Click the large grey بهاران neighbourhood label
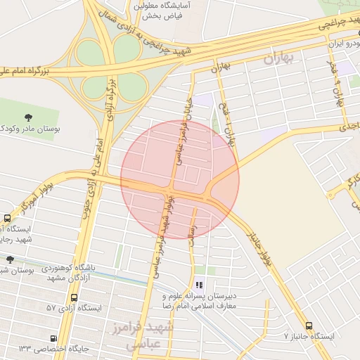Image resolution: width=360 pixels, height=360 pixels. point(286,59)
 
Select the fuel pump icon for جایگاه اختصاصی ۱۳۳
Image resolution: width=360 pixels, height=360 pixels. point(53,338)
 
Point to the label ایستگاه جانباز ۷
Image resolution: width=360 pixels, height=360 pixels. point(308,336)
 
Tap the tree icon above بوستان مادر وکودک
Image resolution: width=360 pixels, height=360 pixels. point(28,117)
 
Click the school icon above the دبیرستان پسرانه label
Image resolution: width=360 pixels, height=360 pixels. point(200,285)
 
